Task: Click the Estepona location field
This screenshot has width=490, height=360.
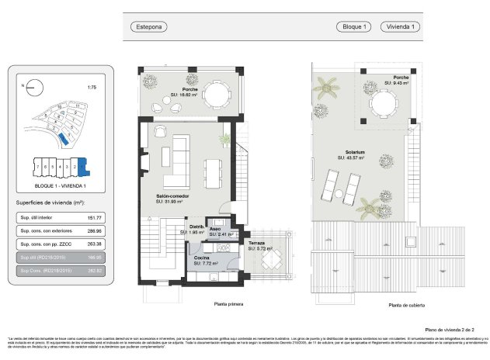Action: pyautogui.click(x=150, y=26)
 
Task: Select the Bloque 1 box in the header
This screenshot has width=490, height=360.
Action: pyautogui.click(x=354, y=26)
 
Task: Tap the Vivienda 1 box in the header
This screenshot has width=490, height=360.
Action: pyautogui.click(x=404, y=26)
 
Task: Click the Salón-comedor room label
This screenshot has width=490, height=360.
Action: pyautogui.click(x=171, y=198)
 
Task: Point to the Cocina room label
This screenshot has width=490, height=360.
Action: pyautogui.click(x=201, y=258)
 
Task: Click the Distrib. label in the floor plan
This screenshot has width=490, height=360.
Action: pyautogui.click(x=197, y=227)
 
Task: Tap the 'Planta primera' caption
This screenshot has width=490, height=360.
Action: pyautogui.click(x=219, y=305)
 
